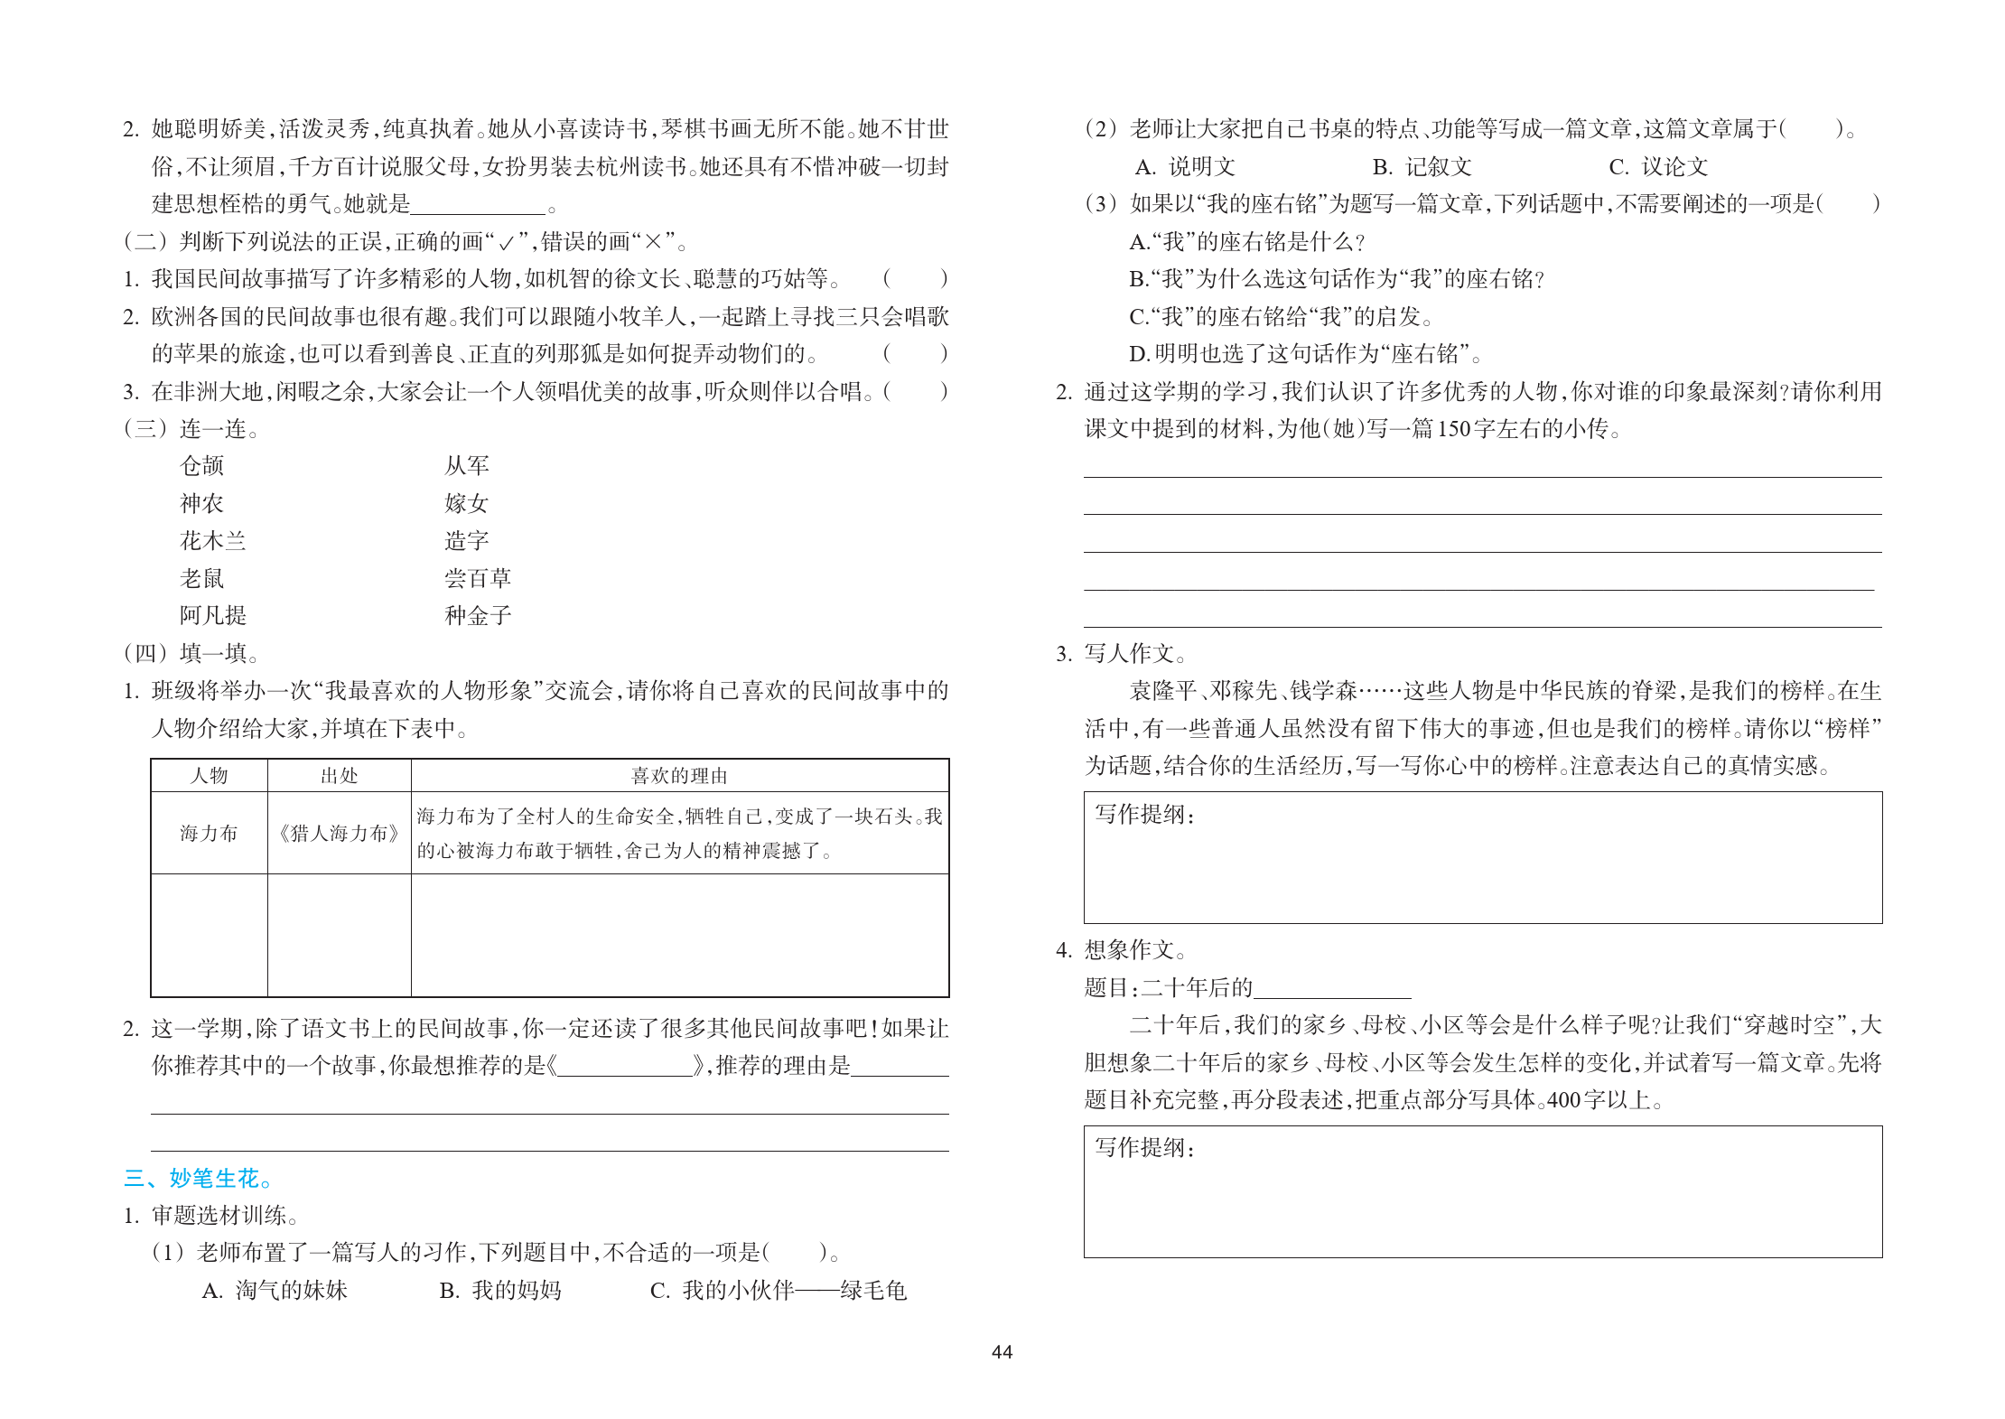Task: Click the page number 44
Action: coord(1002,1352)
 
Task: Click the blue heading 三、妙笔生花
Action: coord(197,1178)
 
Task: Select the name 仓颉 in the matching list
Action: coord(201,466)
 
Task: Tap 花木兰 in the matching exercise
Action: coord(212,541)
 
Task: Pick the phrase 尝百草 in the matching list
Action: coord(478,578)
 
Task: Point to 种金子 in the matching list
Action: coord(478,616)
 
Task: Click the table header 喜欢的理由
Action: coord(679,776)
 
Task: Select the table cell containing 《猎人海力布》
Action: coord(339,833)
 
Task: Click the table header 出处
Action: coord(339,776)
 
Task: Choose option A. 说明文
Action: coord(1185,167)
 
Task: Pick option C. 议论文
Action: coord(1658,167)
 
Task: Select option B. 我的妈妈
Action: coord(500,1290)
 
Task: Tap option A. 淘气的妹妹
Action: coord(275,1290)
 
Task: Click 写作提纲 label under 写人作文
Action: coord(1144,815)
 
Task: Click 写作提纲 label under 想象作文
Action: coord(1144,1148)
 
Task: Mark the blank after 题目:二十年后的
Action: coord(1332,989)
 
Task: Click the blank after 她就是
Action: coord(478,205)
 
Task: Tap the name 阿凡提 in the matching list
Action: coord(212,616)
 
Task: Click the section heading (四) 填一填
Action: coord(191,653)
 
